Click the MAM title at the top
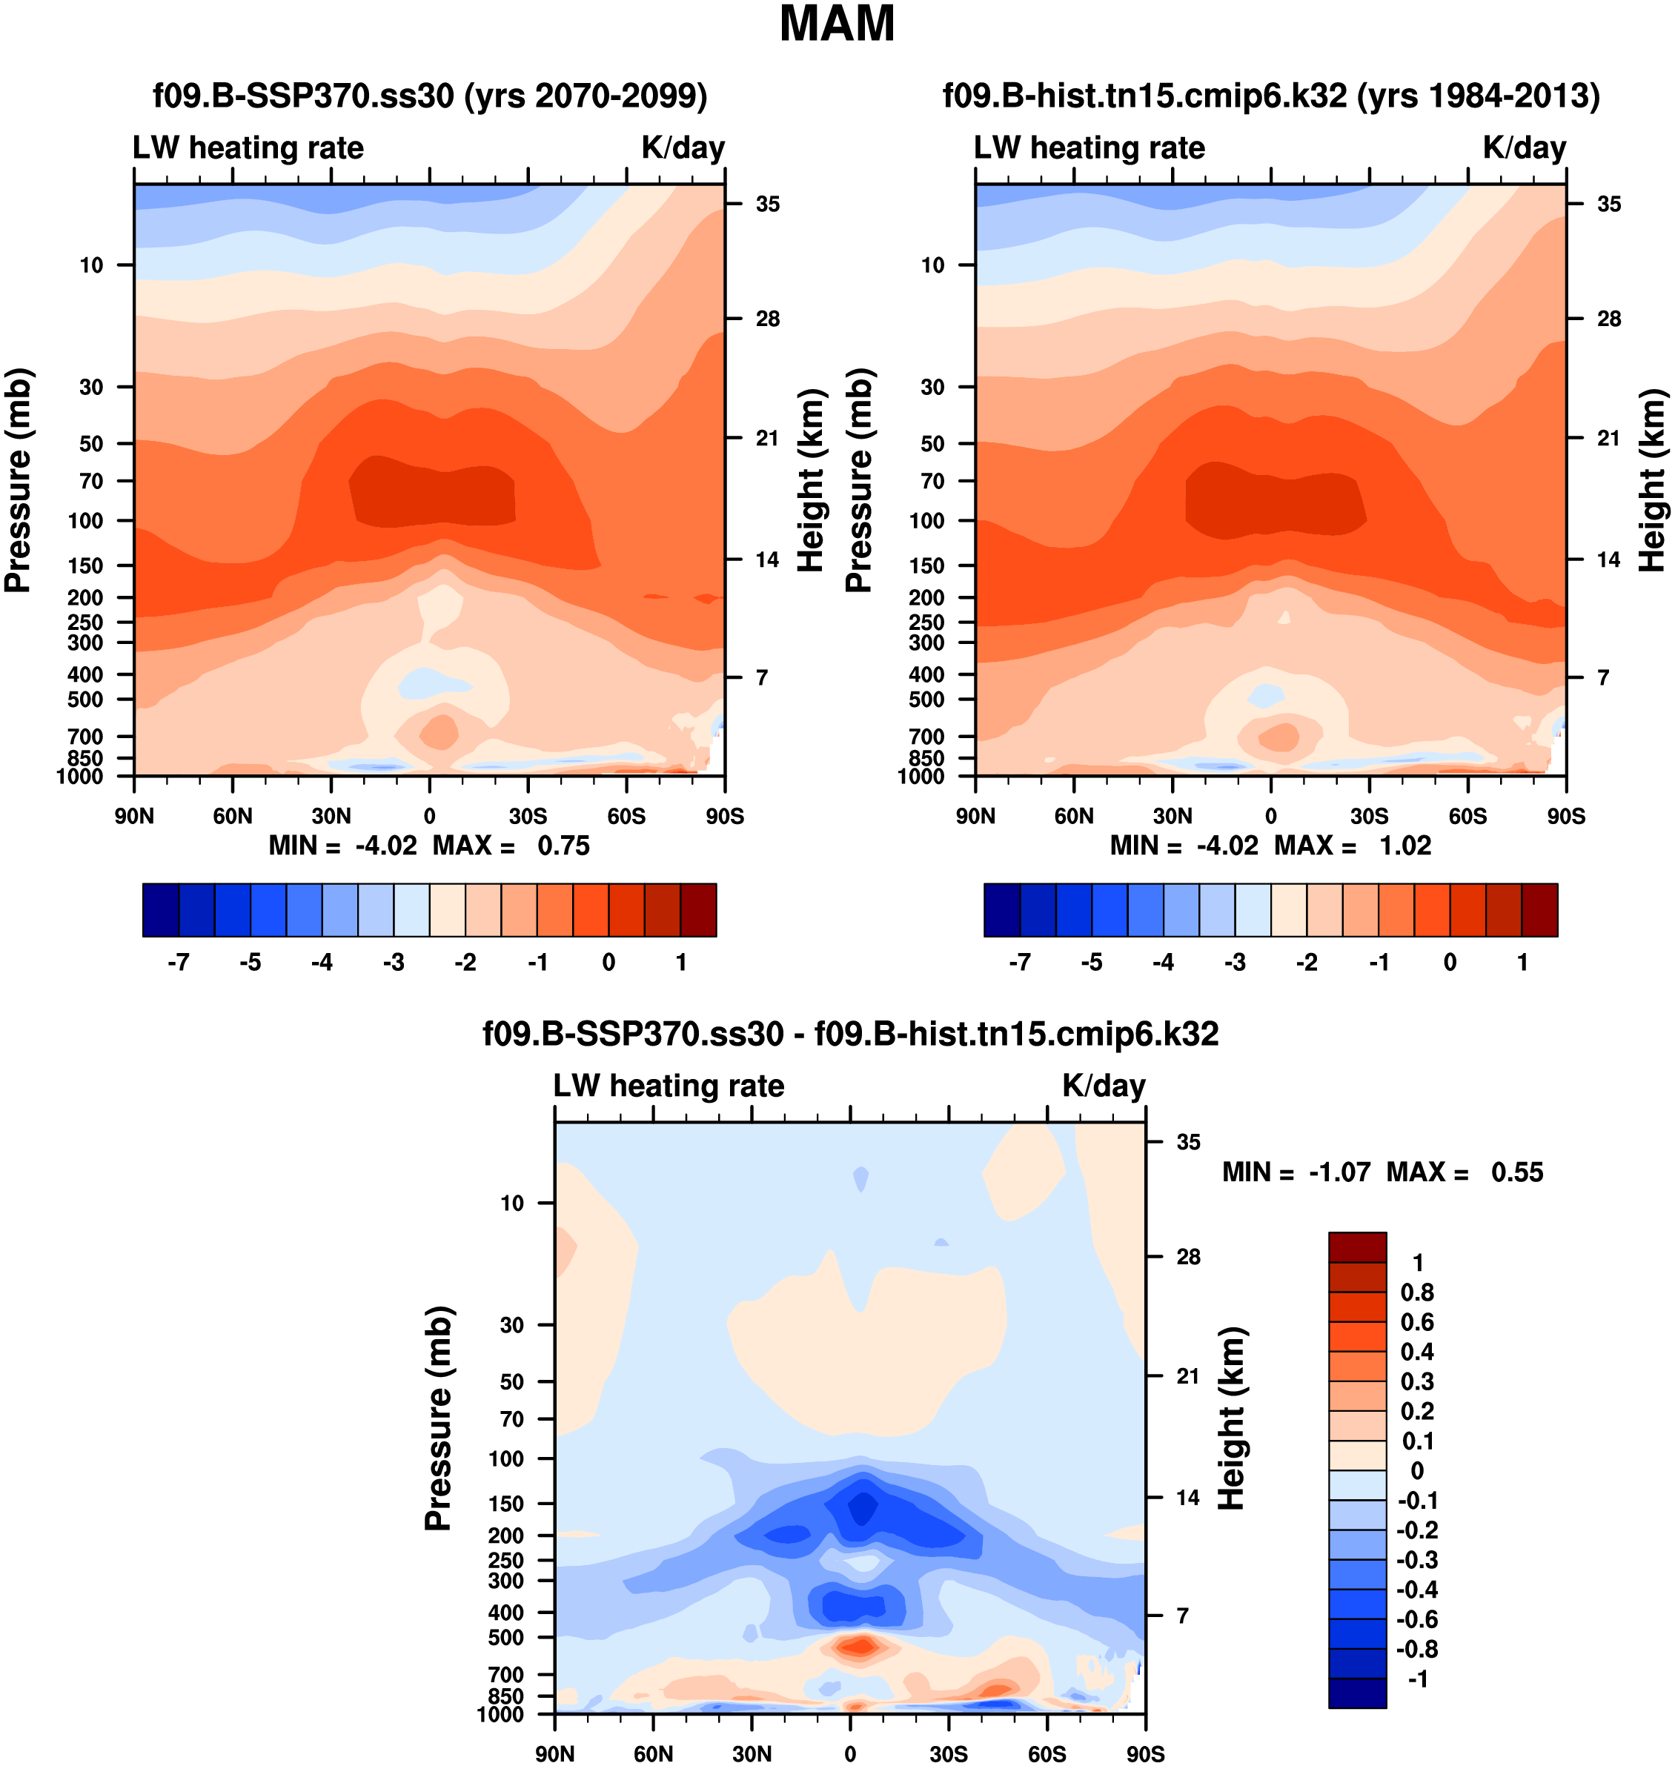[837, 24]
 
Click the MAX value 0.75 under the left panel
[563, 846]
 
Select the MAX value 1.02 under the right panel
[1404, 846]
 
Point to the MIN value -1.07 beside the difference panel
[1339, 1172]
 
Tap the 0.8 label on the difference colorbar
[1417, 1292]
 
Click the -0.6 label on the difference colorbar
[1417, 1619]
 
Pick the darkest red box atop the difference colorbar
[1357, 1247]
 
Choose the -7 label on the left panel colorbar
[179, 962]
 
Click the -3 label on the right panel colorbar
[1235, 962]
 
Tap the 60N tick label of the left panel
[233, 816]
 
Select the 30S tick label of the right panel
[1369, 816]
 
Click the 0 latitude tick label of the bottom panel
[850, 1753]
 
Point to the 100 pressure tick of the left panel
[86, 520]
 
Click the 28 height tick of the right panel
[1609, 319]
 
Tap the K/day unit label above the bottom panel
[1104, 1086]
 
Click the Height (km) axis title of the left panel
[810, 480]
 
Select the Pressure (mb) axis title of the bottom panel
[439, 1420]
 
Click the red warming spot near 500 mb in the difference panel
[859, 1644]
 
